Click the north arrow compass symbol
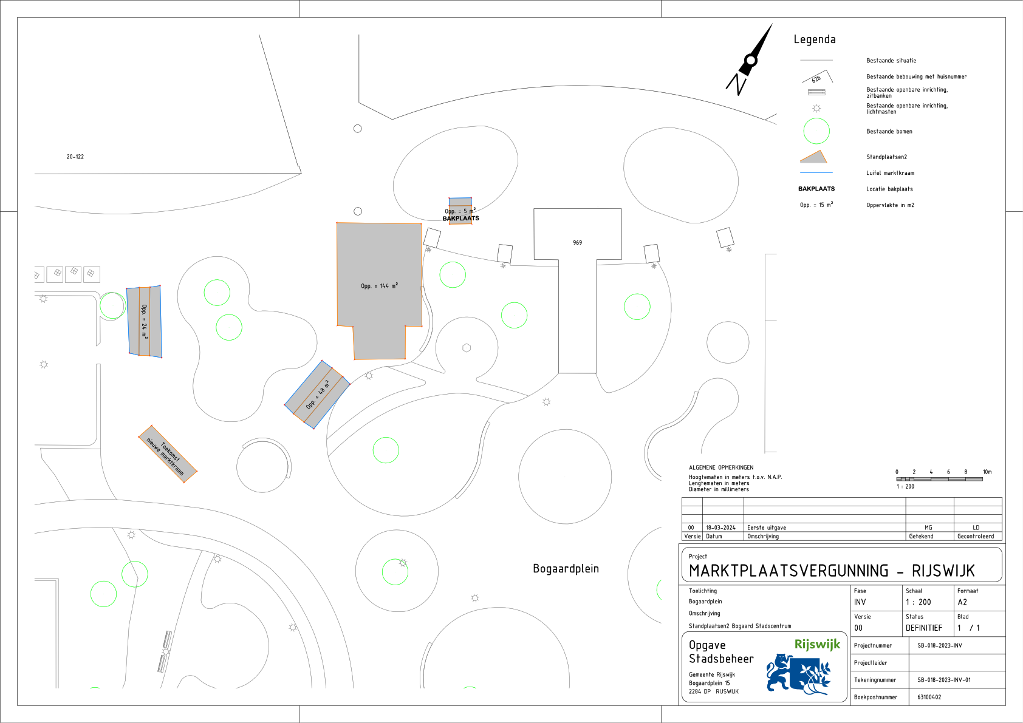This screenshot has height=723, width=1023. click(749, 60)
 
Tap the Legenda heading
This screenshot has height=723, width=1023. click(814, 39)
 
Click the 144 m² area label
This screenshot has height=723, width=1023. click(379, 286)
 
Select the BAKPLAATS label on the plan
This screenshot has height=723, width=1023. click(461, 218)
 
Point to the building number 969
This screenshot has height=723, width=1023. click(577, 242)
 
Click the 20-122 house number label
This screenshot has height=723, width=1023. click(75, 157)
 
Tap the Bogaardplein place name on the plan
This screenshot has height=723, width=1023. click(566, 568)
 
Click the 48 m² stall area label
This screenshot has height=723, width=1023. click(317, 395)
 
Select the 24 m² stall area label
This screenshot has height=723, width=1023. click(145, 321)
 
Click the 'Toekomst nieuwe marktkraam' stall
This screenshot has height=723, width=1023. click(168, 453)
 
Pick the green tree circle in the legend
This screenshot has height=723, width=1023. click(816, 131)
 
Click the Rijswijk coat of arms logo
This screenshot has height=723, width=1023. click(798, 674)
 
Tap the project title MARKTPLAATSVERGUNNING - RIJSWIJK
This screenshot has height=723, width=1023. click(832, 571)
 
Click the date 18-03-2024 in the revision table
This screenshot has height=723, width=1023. click(720, 528)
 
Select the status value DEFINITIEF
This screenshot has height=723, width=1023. click(924, 628)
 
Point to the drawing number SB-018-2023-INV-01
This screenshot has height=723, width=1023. click(944, 680)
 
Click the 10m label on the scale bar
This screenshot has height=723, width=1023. click(987, 472)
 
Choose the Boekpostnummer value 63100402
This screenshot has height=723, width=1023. click(929, 697)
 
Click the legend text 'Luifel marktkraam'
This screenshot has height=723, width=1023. click(890, 173)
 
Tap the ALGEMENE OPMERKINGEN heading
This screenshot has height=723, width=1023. click(721, 467)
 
